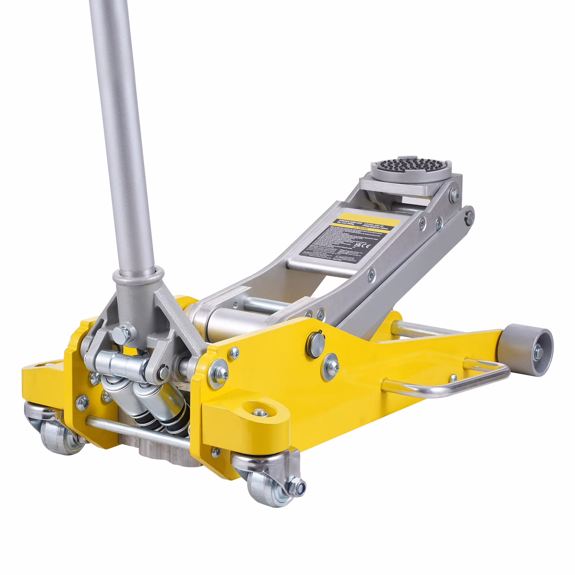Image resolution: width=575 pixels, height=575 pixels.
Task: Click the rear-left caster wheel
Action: pyautogui.click(x=57, y=437)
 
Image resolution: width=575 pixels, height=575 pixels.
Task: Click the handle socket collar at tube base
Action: pyautogui.click(x=137, y=279)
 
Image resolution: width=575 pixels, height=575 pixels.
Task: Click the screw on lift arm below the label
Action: pyautogui.click(x=371, y=276)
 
